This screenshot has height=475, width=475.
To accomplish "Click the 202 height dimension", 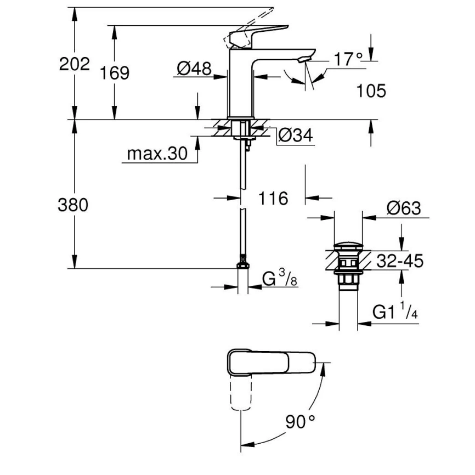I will coord(74,64).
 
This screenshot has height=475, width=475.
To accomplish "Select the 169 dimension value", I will coord(115,72).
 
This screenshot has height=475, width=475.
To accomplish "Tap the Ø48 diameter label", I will coord(194,69).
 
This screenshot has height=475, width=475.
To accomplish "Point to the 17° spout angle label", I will coord(349,59).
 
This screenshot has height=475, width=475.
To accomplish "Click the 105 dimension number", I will coord(371,91).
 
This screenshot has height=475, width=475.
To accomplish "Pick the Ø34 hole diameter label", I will coord(296,135).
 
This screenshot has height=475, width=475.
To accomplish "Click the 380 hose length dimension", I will coord(73,205).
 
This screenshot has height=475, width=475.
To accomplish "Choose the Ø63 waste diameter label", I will coord(403,208).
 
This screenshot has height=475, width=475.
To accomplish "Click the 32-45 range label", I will coord(400,262).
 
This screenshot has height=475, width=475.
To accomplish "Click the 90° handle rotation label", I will coord(301,421).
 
